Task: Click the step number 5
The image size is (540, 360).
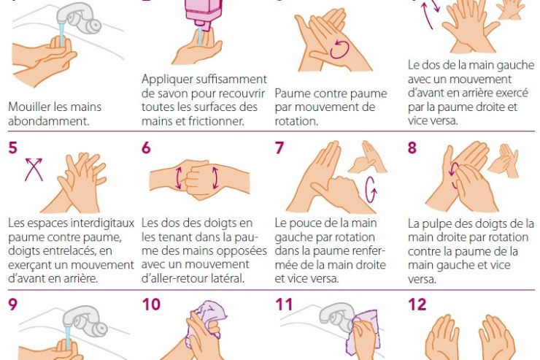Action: (12, 148)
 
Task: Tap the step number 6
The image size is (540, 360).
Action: (146, 148)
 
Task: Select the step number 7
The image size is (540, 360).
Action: (279, 148)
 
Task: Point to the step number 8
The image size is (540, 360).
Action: (412, 148)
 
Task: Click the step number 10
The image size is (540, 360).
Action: (151, 305)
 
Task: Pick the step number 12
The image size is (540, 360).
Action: (417, 305)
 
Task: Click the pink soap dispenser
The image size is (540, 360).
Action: (203, 13)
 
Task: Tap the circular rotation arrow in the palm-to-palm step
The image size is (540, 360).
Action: (339, 49)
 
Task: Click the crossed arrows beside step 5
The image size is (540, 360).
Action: (34, 169)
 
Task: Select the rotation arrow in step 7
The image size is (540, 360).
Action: (371, 189)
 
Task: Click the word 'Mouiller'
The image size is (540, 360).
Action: (30, 107)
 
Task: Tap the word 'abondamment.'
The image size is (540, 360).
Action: (49, 121)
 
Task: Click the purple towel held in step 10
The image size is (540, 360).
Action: (206, 321)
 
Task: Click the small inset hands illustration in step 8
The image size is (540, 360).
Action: (504, 160)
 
